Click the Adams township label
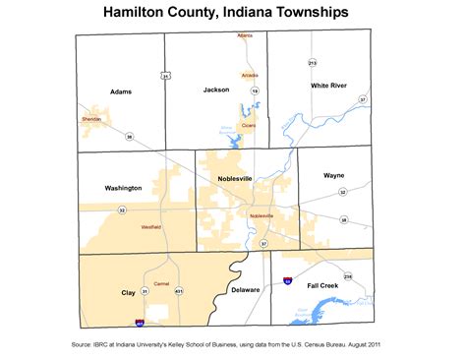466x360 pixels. pyautogui.click(x=122, y=90)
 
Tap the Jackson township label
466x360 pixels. pyautogui.click(x=216, y=90)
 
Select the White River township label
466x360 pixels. pyautogui.click(x=329, y=86)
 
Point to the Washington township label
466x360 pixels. pyautogui.click(x=123, y=187)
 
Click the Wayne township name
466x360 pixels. pyautogui.click(x=334, y=175)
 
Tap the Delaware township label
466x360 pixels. pyautogui.click(x=246, y=290)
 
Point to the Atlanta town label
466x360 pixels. pyautogui.click(x=245, y=35)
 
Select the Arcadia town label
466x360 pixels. pyautogui.click(x=250, y=75)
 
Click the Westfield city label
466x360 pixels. pyautogui.click(x=151, y=227)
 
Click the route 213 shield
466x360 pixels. pyautogui.click(x=313, y=63)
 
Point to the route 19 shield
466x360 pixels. pyautogui.click(x=254, y=90)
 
